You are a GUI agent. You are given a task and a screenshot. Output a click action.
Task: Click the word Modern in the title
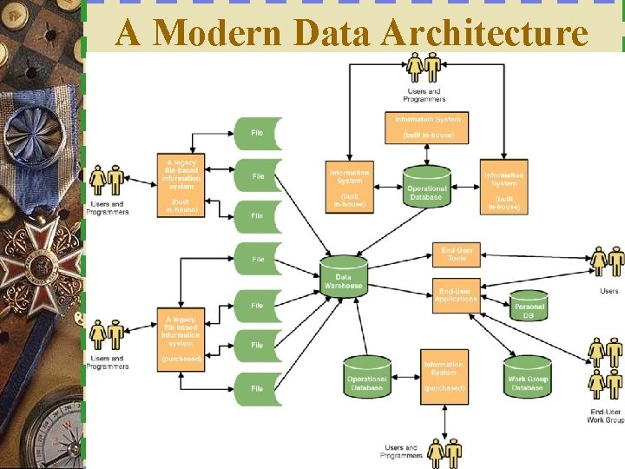[x=217, y=33]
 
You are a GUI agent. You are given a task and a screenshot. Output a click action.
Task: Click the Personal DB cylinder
[x=529, y=305]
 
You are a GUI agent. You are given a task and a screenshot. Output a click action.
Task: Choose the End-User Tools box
[x=456, y=254]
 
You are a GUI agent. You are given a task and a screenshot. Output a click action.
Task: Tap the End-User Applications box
[x=456, y=295]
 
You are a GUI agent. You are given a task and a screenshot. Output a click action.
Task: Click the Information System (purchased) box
[x=444, y=375]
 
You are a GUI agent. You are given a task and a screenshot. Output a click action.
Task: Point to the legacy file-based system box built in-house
[x=181, y=185]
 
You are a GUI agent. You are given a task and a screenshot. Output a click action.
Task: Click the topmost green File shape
[x=258, y=133]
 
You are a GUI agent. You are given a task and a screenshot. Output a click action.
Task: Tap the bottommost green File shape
[x=258, y=389]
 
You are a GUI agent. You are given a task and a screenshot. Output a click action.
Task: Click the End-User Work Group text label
[x=605, y=415]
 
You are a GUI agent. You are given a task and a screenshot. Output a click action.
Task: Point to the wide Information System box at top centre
[x=428, y=127]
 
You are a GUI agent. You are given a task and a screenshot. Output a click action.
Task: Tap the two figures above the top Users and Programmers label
[x=424, y=68]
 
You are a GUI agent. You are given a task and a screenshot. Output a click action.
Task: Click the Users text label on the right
[x=609, y=291]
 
